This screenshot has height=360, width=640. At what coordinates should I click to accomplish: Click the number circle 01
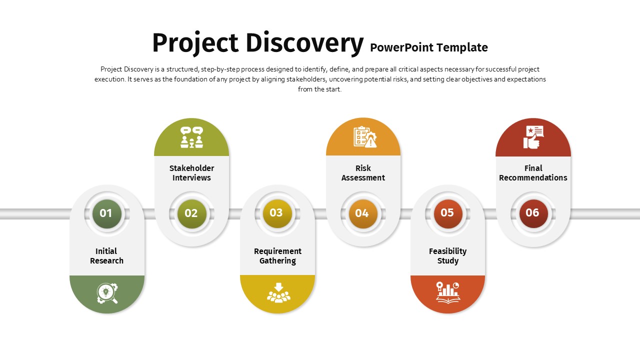(107, 213)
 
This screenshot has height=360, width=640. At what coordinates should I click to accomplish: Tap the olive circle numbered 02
(191, 213)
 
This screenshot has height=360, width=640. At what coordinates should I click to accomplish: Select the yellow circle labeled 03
(277, 213)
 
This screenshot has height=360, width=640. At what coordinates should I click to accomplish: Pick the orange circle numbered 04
(363, 213)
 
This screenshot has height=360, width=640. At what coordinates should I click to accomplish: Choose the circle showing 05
(448, 213)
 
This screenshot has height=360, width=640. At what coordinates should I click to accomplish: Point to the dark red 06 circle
(533, 213)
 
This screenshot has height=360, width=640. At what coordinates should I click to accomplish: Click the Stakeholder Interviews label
(191, 173)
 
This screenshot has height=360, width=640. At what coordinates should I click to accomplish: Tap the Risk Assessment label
(363, 173)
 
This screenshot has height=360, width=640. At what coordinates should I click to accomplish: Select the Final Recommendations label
(533, 173)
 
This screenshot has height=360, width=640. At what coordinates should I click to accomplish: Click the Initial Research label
(106, 255)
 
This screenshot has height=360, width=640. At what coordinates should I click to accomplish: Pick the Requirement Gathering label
(277, 255)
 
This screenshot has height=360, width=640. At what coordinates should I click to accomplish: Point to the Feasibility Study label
(447, 255)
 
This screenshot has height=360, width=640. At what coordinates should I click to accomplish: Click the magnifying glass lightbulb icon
(107, 293)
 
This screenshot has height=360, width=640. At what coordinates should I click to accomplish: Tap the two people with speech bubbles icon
(191, 137)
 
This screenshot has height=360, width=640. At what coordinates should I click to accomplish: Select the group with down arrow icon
(278, 292)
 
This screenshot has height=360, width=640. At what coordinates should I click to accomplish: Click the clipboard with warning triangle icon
(365, 137)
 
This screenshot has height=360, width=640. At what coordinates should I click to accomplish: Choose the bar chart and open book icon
(448, 292)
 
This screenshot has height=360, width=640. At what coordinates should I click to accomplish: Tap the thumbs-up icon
(533, 137)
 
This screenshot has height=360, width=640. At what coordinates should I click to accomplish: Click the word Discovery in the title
(304, 43)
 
